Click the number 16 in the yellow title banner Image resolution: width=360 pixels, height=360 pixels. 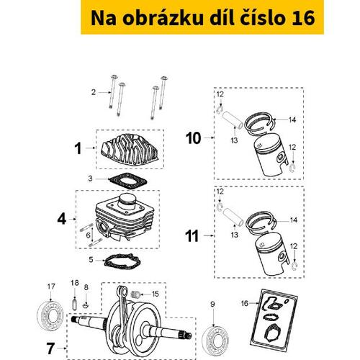(303, 18)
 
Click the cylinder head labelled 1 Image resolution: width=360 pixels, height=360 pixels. (130, 149)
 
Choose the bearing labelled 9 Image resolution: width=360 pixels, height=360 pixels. (215, 341)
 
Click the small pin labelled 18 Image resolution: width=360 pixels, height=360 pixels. (75, 303)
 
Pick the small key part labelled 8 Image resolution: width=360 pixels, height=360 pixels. (86, 306)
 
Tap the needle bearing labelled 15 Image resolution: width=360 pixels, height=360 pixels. (136, 294)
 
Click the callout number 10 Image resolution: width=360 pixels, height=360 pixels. (193, 138)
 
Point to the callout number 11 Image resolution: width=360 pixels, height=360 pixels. (192, 236)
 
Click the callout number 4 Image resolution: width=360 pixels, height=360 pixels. (62, 219)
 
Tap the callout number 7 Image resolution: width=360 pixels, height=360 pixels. (50, 348)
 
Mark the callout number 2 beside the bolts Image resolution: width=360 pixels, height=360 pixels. (94, 92)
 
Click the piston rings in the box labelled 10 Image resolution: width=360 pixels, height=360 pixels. (260, 123)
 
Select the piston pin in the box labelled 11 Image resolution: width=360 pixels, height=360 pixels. (233, 217)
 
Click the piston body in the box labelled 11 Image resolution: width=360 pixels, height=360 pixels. (272, 254)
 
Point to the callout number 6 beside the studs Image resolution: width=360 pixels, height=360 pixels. (88, 235)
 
